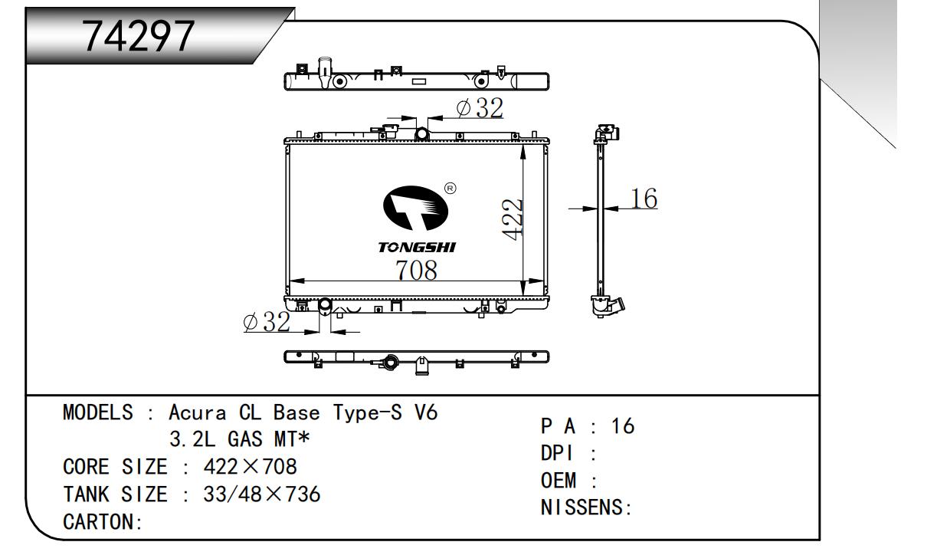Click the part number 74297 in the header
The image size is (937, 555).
click(x=139, y=36)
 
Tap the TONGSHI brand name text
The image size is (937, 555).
click(x=417, y=248)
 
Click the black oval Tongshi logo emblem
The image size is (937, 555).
click(x=415, y=208)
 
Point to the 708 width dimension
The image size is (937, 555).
click(x=417, y=270)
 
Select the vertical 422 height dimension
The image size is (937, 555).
click(x=513, y=219)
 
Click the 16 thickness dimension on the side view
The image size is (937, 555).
click(x=644, y=199)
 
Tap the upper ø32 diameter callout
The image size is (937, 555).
click(x=480, y=108)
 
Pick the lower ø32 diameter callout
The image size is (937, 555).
click(x=267, y=322)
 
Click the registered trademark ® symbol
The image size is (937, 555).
click(x=450, y=189)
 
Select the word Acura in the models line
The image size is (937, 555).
click(x=198, y=412)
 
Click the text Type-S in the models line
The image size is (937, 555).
click(x=368, y=412)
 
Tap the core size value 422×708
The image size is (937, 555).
click(x=250, y=466)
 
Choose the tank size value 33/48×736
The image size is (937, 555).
click(x=262, y=494)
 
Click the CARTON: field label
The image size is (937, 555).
click(x=103, y=521)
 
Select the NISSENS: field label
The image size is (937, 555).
click(x=586, y=507)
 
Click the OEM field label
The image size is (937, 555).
click(x=559, y=480)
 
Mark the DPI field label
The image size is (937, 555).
click(x=556, y=453)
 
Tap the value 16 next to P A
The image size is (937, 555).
click(x=623, y=426)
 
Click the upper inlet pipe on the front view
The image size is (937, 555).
click(x=421, y=134)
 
